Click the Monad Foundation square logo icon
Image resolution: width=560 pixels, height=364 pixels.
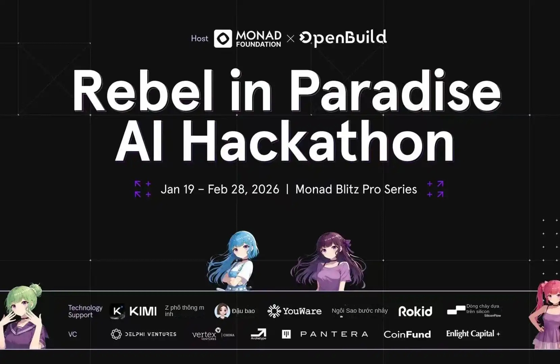(223, 38)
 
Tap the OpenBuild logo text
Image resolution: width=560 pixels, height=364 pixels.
(343, 38)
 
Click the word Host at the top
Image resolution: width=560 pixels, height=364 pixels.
(199, 38)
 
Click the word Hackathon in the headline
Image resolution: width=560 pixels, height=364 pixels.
(319, 141)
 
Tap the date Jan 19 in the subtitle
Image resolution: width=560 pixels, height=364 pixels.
(178, 189)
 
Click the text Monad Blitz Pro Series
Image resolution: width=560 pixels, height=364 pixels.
(356, 189)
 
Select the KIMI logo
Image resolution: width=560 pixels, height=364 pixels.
(133, 311)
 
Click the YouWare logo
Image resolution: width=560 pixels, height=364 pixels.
(294, 311)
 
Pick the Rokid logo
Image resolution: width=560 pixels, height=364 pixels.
(415, 311)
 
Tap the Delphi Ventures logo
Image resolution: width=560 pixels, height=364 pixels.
(143, 334)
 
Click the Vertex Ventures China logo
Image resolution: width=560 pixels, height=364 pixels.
(213, 334)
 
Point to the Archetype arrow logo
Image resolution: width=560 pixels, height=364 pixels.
(259, 333)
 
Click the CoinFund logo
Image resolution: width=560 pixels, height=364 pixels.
(407, 334)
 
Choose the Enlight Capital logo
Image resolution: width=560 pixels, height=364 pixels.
(473, 334)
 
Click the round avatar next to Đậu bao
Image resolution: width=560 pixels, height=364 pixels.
(222, 311)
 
